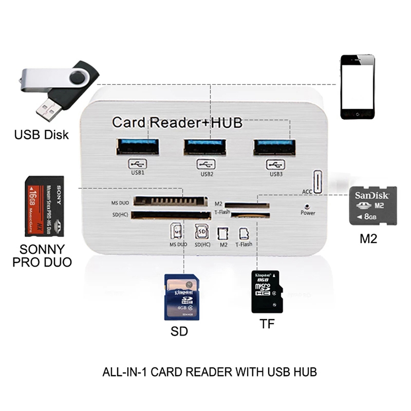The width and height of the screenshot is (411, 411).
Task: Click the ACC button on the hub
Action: (x=317, y=182)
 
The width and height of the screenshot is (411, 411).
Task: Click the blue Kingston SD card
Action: (x=181, y=296)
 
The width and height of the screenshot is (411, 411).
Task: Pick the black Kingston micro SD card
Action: (x=265, y=291)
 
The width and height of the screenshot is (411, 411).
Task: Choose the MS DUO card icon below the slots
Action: (x=178, y=232)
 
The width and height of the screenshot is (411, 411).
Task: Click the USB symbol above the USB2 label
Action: (x=206, y=165)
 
